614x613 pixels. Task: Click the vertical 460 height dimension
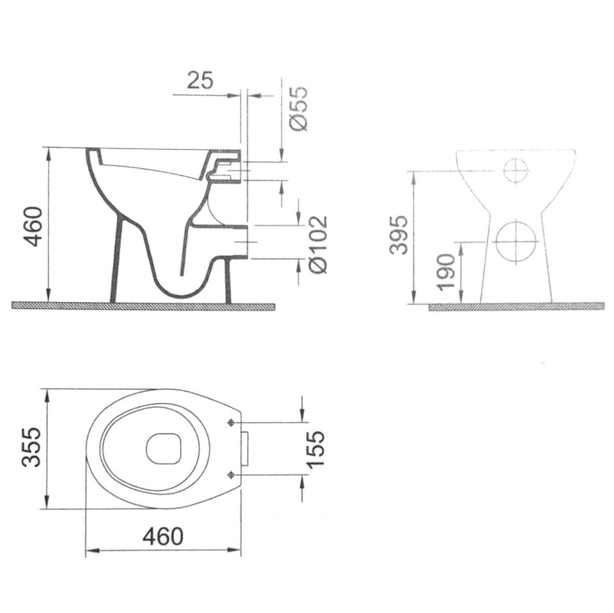[33, 225]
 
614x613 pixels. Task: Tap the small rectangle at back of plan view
[245, 448]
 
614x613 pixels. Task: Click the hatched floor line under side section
[143, 306]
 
